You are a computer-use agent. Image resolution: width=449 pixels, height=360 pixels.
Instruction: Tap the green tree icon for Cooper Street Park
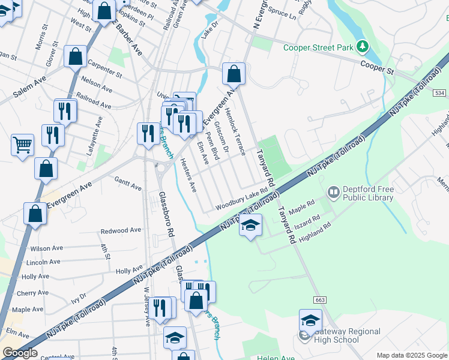[x=362, y=46]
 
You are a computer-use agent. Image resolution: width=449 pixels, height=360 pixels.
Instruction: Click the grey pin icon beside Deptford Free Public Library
[x=333, y=193]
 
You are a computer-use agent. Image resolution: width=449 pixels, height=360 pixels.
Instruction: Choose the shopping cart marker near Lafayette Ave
[x=22, y=145]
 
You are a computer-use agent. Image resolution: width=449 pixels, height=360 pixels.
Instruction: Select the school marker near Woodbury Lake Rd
[x=250, y=225]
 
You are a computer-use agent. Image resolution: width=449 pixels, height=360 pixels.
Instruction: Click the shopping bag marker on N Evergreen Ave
[x=234, y=74]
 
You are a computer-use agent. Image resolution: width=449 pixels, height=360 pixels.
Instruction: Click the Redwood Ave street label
[x=121, y=230]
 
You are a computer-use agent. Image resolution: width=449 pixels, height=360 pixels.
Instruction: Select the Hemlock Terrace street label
[x=235, y=131]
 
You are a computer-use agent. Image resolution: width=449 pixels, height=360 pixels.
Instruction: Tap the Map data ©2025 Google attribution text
[x=412, y=355]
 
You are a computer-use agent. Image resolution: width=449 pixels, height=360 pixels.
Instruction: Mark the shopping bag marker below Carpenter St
[x=76, y=57]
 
